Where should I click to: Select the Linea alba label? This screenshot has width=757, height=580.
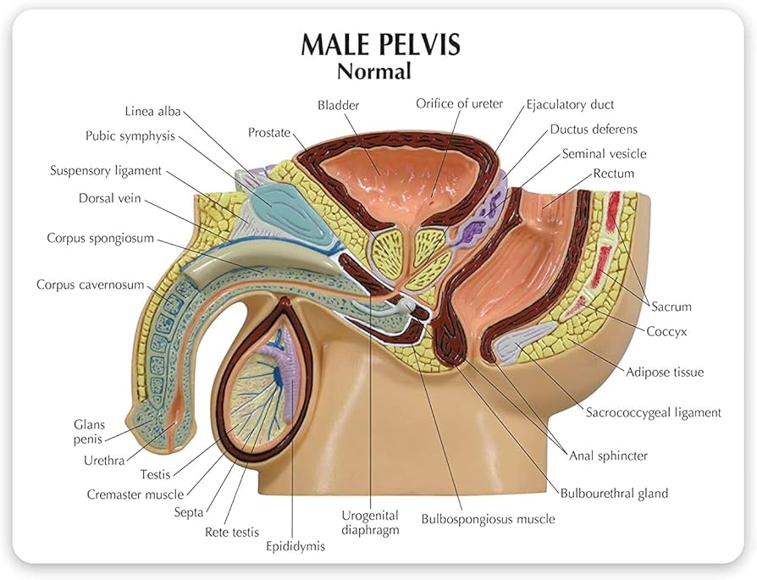click(153, 111)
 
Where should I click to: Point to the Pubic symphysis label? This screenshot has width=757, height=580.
click(130, 135)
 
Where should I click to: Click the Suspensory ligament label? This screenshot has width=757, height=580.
click(106, 170)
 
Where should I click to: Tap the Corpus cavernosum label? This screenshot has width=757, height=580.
click(90, 284)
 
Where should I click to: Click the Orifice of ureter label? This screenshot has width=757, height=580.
click(459, 103)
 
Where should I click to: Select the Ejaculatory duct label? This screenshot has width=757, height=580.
click(570, 104)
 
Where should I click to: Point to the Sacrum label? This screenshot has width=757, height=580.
click(671, 306)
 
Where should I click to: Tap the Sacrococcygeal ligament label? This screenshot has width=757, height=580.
click(654, 412)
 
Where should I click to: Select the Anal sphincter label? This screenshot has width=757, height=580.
click(608, 456)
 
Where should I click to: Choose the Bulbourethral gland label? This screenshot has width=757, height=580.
click(614, 493)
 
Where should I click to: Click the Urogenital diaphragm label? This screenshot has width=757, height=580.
click(370, 522)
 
